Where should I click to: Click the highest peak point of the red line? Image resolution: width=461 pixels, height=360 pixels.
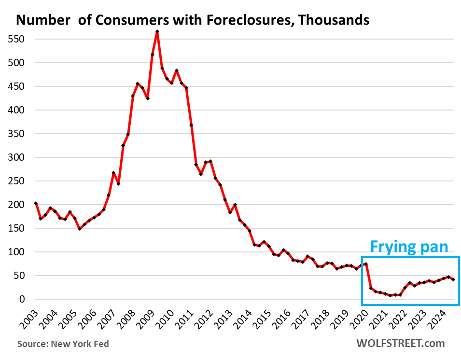tap(157, 32)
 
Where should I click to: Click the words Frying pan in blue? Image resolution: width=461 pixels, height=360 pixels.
tap(409, 247)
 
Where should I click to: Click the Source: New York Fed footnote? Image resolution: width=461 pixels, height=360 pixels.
tap(63, 344)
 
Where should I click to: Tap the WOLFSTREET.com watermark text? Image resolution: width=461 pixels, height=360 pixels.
tap(400, 344)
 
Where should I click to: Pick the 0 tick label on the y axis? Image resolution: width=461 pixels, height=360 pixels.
tap(22, 299)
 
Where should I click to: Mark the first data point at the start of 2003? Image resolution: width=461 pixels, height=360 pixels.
tap(36, 204)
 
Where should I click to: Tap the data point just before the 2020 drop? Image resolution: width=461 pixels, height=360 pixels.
tap(366, 264)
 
